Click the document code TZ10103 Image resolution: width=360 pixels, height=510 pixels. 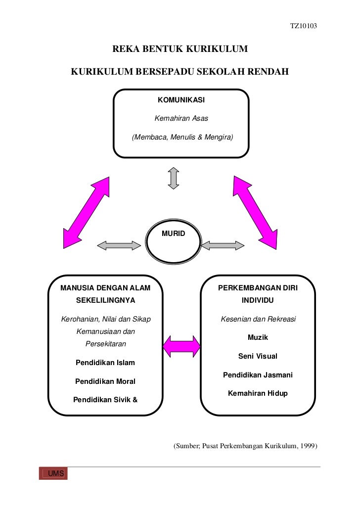click(304, 26)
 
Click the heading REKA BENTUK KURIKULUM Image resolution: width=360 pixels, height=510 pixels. click(180, 49)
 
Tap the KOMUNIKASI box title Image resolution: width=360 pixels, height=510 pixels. click(181, 100)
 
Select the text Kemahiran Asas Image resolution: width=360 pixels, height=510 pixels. click(181, 118)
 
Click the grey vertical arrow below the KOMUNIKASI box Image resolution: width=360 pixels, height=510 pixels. click(174, 178)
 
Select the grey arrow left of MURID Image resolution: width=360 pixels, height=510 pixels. click(119, 245)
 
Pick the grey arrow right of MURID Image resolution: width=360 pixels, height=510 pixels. click(223, 245)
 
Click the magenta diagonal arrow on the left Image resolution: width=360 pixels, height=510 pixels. click(86, 213)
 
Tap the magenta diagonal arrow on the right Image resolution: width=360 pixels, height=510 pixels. click(255, 213)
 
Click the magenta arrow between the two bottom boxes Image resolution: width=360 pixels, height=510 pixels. click(181, 347)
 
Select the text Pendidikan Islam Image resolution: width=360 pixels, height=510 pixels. click(105, 363)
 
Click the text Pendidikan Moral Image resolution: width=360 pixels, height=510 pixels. click(105, 381)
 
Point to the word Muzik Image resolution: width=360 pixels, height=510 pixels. click(258, 337)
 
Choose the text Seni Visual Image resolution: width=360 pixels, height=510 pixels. click(258, 356)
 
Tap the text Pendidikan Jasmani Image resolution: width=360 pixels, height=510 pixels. click(258, 375)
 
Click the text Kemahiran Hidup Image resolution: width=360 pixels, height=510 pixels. click(258, 393)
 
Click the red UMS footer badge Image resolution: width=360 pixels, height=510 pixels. click(53, 473)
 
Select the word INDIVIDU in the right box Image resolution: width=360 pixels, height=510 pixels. click(258, 300)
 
